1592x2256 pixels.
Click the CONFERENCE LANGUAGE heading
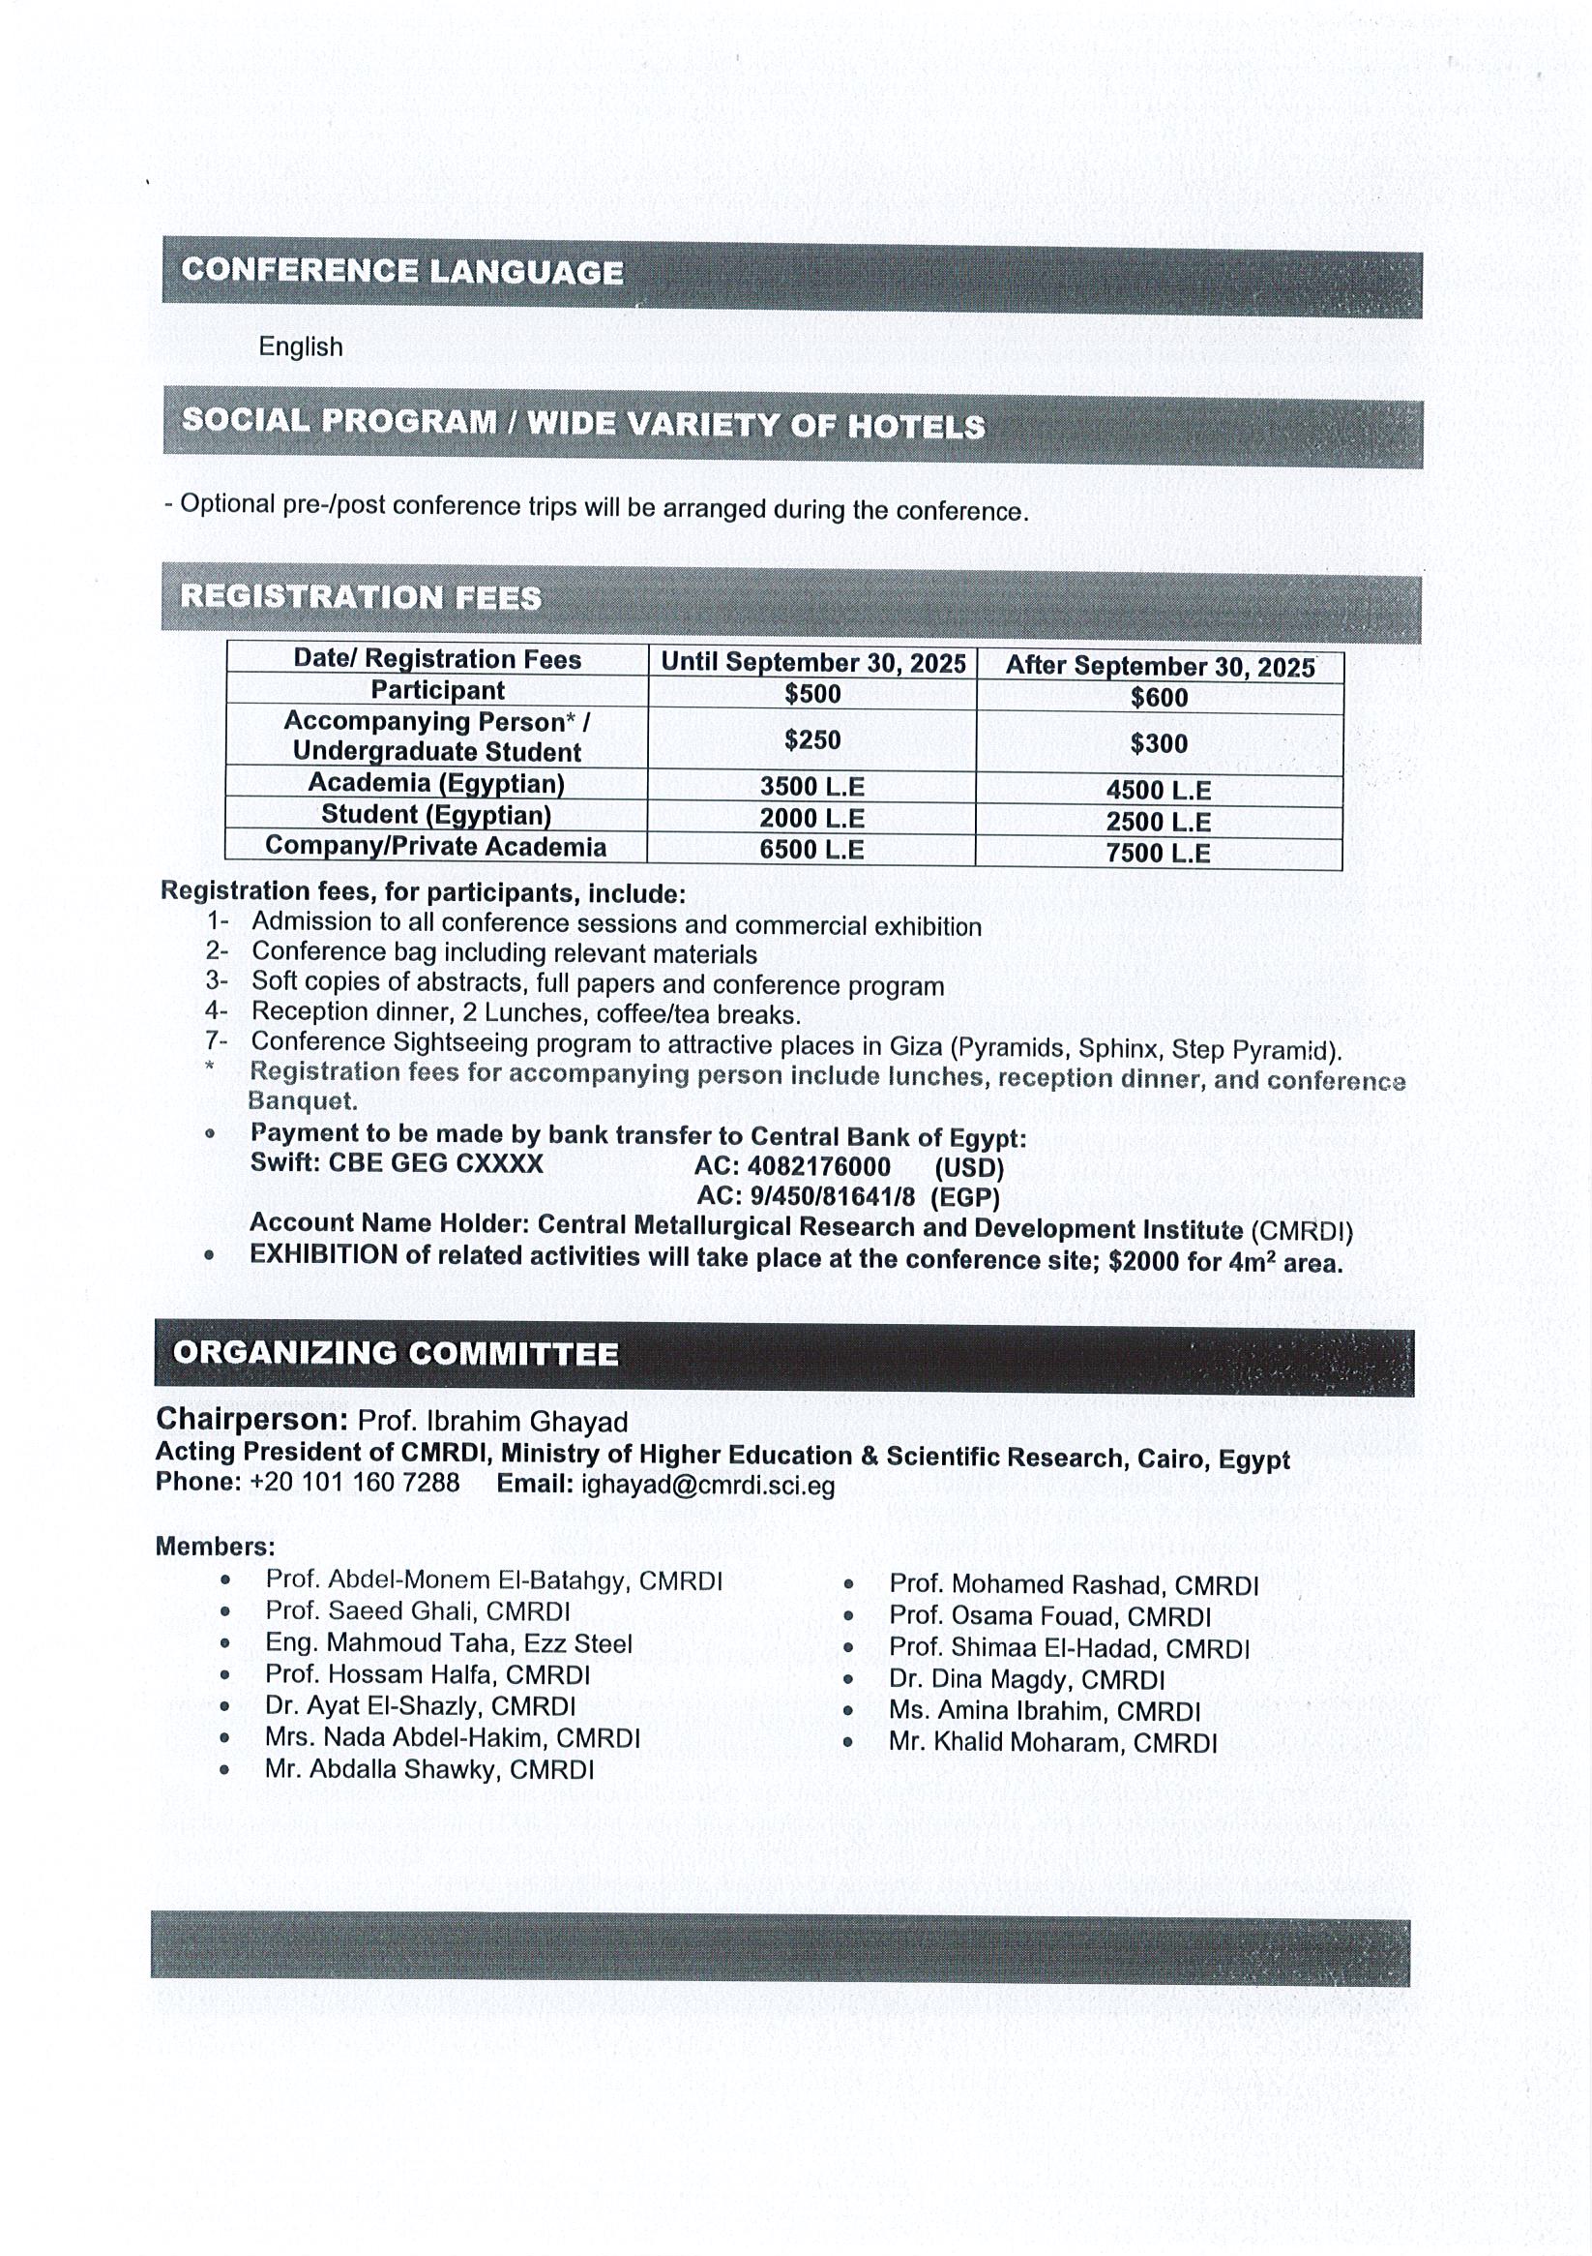click(401, 271)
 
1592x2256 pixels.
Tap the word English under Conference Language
click(301, 346)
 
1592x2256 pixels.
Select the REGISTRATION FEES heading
click(361, 597)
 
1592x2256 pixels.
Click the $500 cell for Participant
click(812, 694)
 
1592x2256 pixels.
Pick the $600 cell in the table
click(1159, 698)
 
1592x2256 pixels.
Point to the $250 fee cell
click(812, 739)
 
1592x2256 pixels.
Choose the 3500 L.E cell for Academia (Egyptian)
click(811, 786)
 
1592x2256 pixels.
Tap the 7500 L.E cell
click(1158, 853)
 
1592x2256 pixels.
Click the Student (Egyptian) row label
click(436, 815)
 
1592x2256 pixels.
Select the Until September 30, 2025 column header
click(813, 662)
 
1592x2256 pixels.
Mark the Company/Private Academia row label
click(436, 846)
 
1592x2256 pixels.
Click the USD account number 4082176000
click(818, 1166)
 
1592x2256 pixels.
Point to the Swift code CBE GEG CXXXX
click(435, 1163)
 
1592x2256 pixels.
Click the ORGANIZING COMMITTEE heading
click(396, 1353)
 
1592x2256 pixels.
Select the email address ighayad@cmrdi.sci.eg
click(708, 1484)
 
